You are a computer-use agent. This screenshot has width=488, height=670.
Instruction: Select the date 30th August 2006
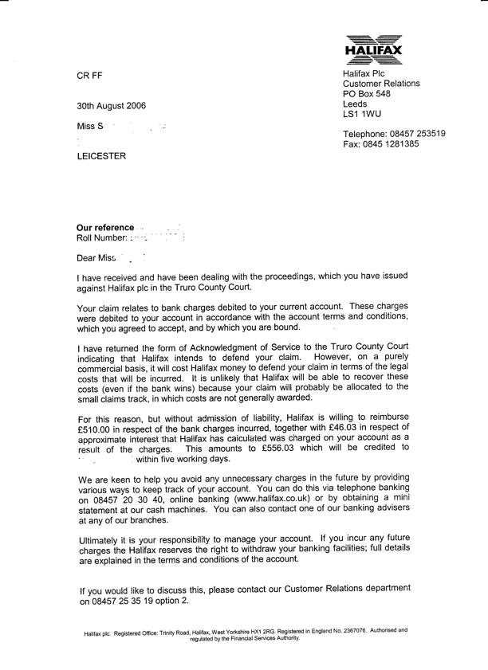tap(111, 106)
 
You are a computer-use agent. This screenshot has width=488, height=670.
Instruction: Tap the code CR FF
tap(89, 76)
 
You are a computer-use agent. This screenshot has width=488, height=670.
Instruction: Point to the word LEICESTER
tap(100, 156)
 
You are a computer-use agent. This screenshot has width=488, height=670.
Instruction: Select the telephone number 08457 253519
tap(417, 134)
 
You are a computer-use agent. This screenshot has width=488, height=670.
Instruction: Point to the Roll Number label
tap(101, 237)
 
